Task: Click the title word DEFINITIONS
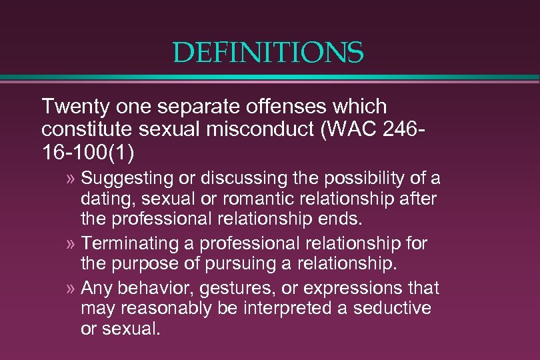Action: pyautogui.click(x=268, y=53)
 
